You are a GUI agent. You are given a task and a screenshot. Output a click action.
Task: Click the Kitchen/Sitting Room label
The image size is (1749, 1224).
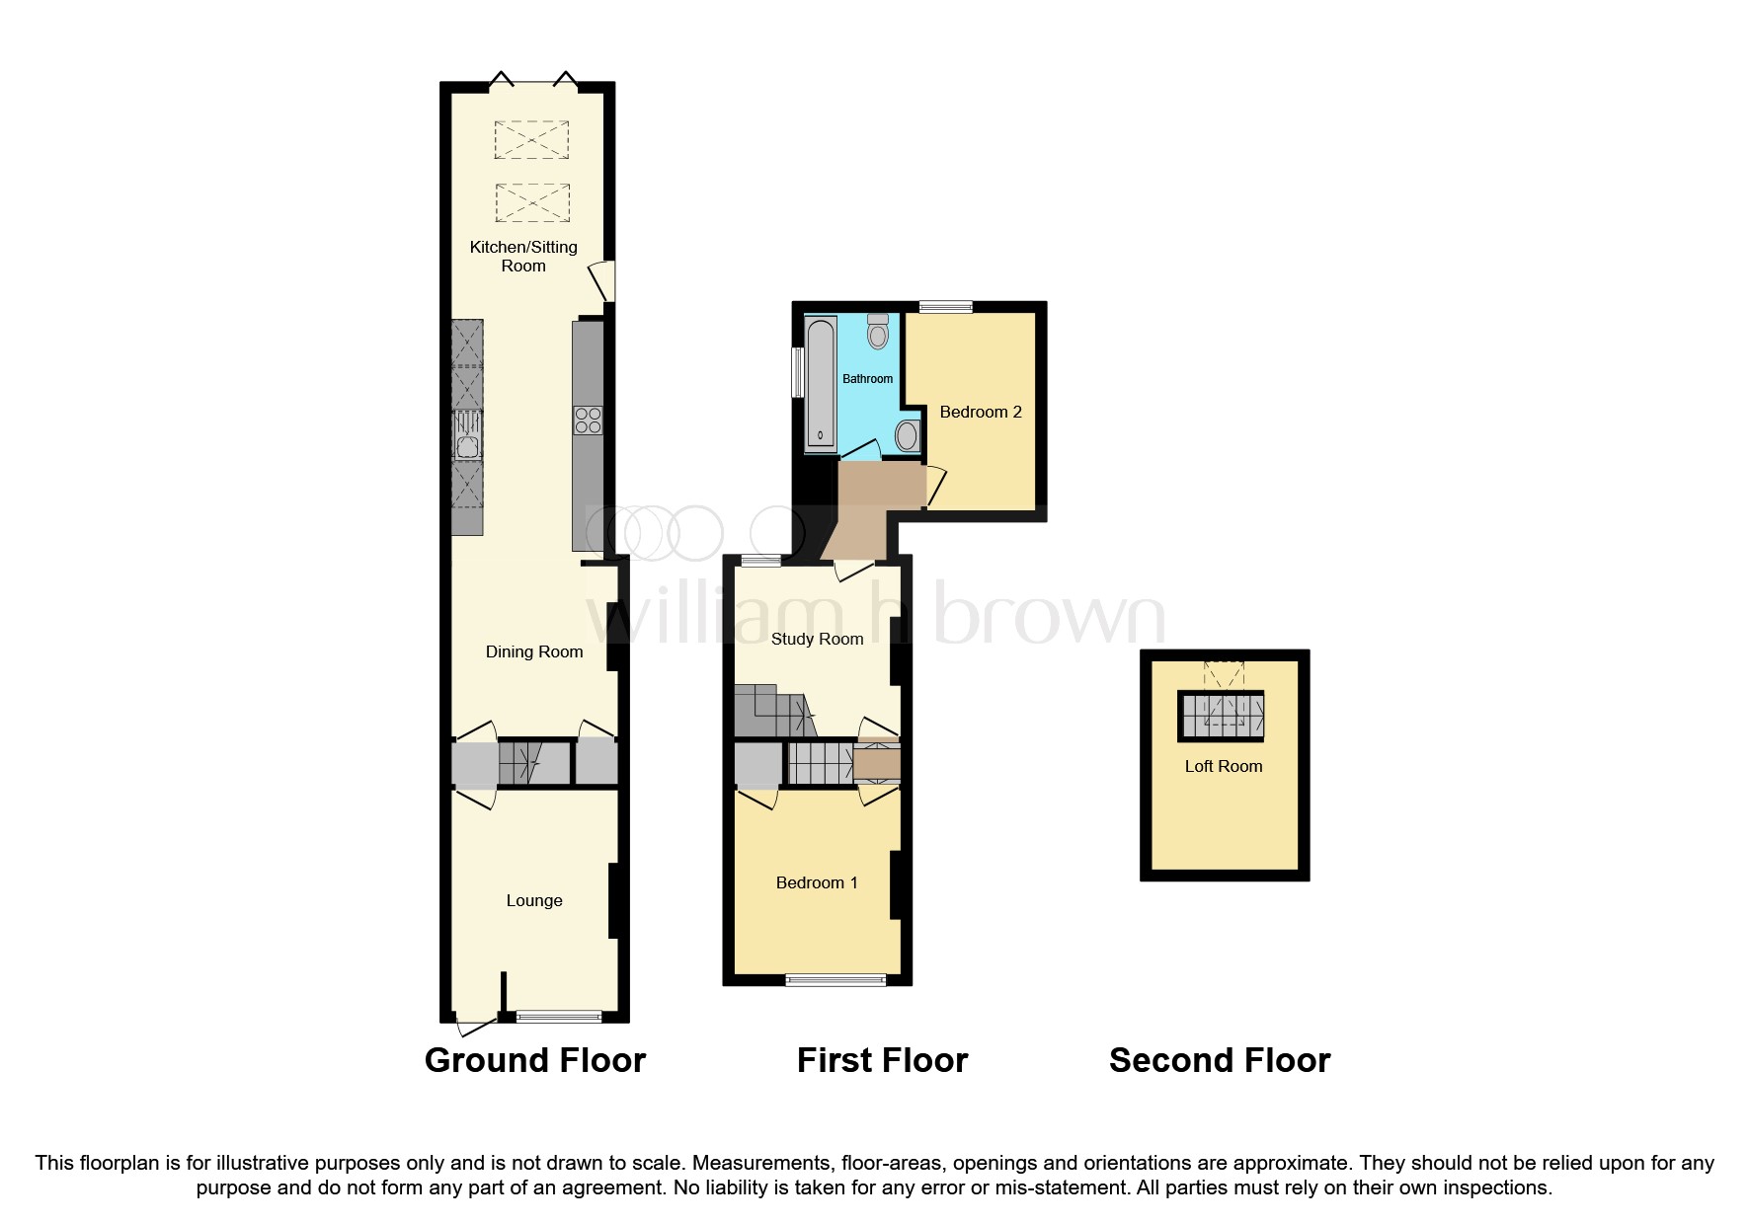tap(522, 256)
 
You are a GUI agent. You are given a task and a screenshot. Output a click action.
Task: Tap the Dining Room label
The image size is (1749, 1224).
tap(533, 651)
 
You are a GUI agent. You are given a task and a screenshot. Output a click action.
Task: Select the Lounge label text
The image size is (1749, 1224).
tap(533, 900)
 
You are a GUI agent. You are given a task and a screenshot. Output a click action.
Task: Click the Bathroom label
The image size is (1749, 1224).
tap(867, 379)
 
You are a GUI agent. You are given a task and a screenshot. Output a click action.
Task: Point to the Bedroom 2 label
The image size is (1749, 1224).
tap(980, 412)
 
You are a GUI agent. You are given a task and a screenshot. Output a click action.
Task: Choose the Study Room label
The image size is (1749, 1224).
tap(817, 639)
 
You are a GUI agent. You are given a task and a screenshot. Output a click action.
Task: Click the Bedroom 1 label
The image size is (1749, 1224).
tap(816, 882)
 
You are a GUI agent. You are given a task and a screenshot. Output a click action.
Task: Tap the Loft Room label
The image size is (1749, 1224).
tap(1224, 766)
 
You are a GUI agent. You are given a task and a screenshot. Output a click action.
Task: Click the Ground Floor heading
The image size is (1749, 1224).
tap(534, 1060)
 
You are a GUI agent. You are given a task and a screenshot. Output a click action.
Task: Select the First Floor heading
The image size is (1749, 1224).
tap(882, 1060)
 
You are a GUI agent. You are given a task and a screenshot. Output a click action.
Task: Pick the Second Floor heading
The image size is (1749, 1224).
tap(1220, 1060)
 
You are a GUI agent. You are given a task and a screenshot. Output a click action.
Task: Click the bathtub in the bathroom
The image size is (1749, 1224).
tap(820, 385)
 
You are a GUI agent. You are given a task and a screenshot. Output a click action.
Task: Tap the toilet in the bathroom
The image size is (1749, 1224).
tap(877, 332)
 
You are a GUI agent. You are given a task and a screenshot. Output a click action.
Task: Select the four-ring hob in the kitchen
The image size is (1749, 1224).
tap(588, 421)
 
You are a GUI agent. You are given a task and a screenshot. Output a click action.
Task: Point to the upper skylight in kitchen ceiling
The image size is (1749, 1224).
tap(531, 139)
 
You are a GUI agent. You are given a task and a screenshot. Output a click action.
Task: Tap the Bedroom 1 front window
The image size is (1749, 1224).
tap(835, 979)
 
